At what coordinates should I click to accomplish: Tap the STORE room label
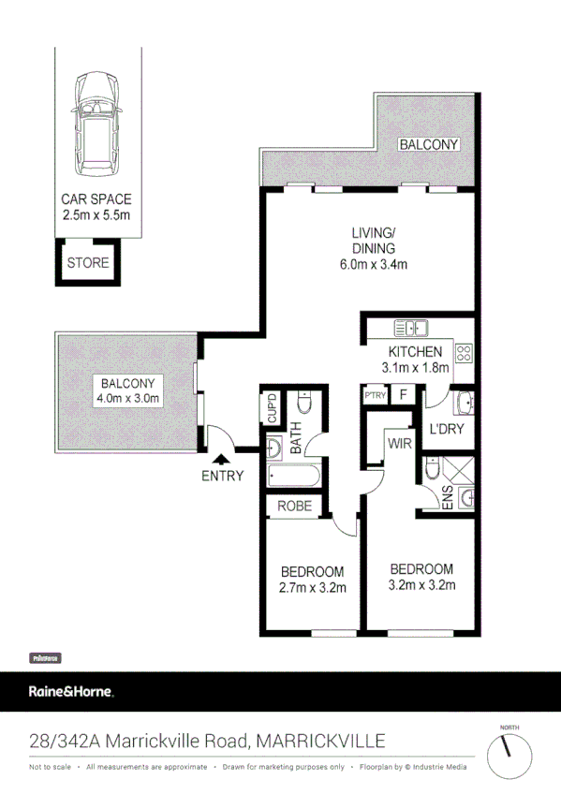click(x=88, y=263)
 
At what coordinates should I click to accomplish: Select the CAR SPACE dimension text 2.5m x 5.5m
click(x=96, y=215)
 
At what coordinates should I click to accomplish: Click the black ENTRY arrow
click(x=221, y=458)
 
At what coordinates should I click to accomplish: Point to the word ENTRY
click(x=222, y=476)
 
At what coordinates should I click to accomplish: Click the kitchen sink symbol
click(x=410, y=328)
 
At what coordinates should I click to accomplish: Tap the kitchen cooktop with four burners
click(x=463, y=353)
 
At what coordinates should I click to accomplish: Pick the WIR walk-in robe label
click(x=401, y=441)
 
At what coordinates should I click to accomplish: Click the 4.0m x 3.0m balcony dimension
click(x=129, y=399)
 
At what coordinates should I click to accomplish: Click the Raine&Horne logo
click(x=71, y=692)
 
